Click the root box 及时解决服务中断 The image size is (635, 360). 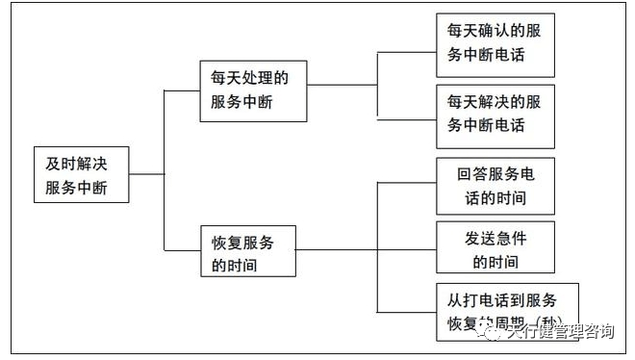coord(81,174)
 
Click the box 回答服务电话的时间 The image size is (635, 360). coord(495,187)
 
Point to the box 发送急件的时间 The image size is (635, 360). coord(495,248)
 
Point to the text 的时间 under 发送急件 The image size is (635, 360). coord(495,261)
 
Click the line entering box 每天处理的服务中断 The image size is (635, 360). coord(182,90)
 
